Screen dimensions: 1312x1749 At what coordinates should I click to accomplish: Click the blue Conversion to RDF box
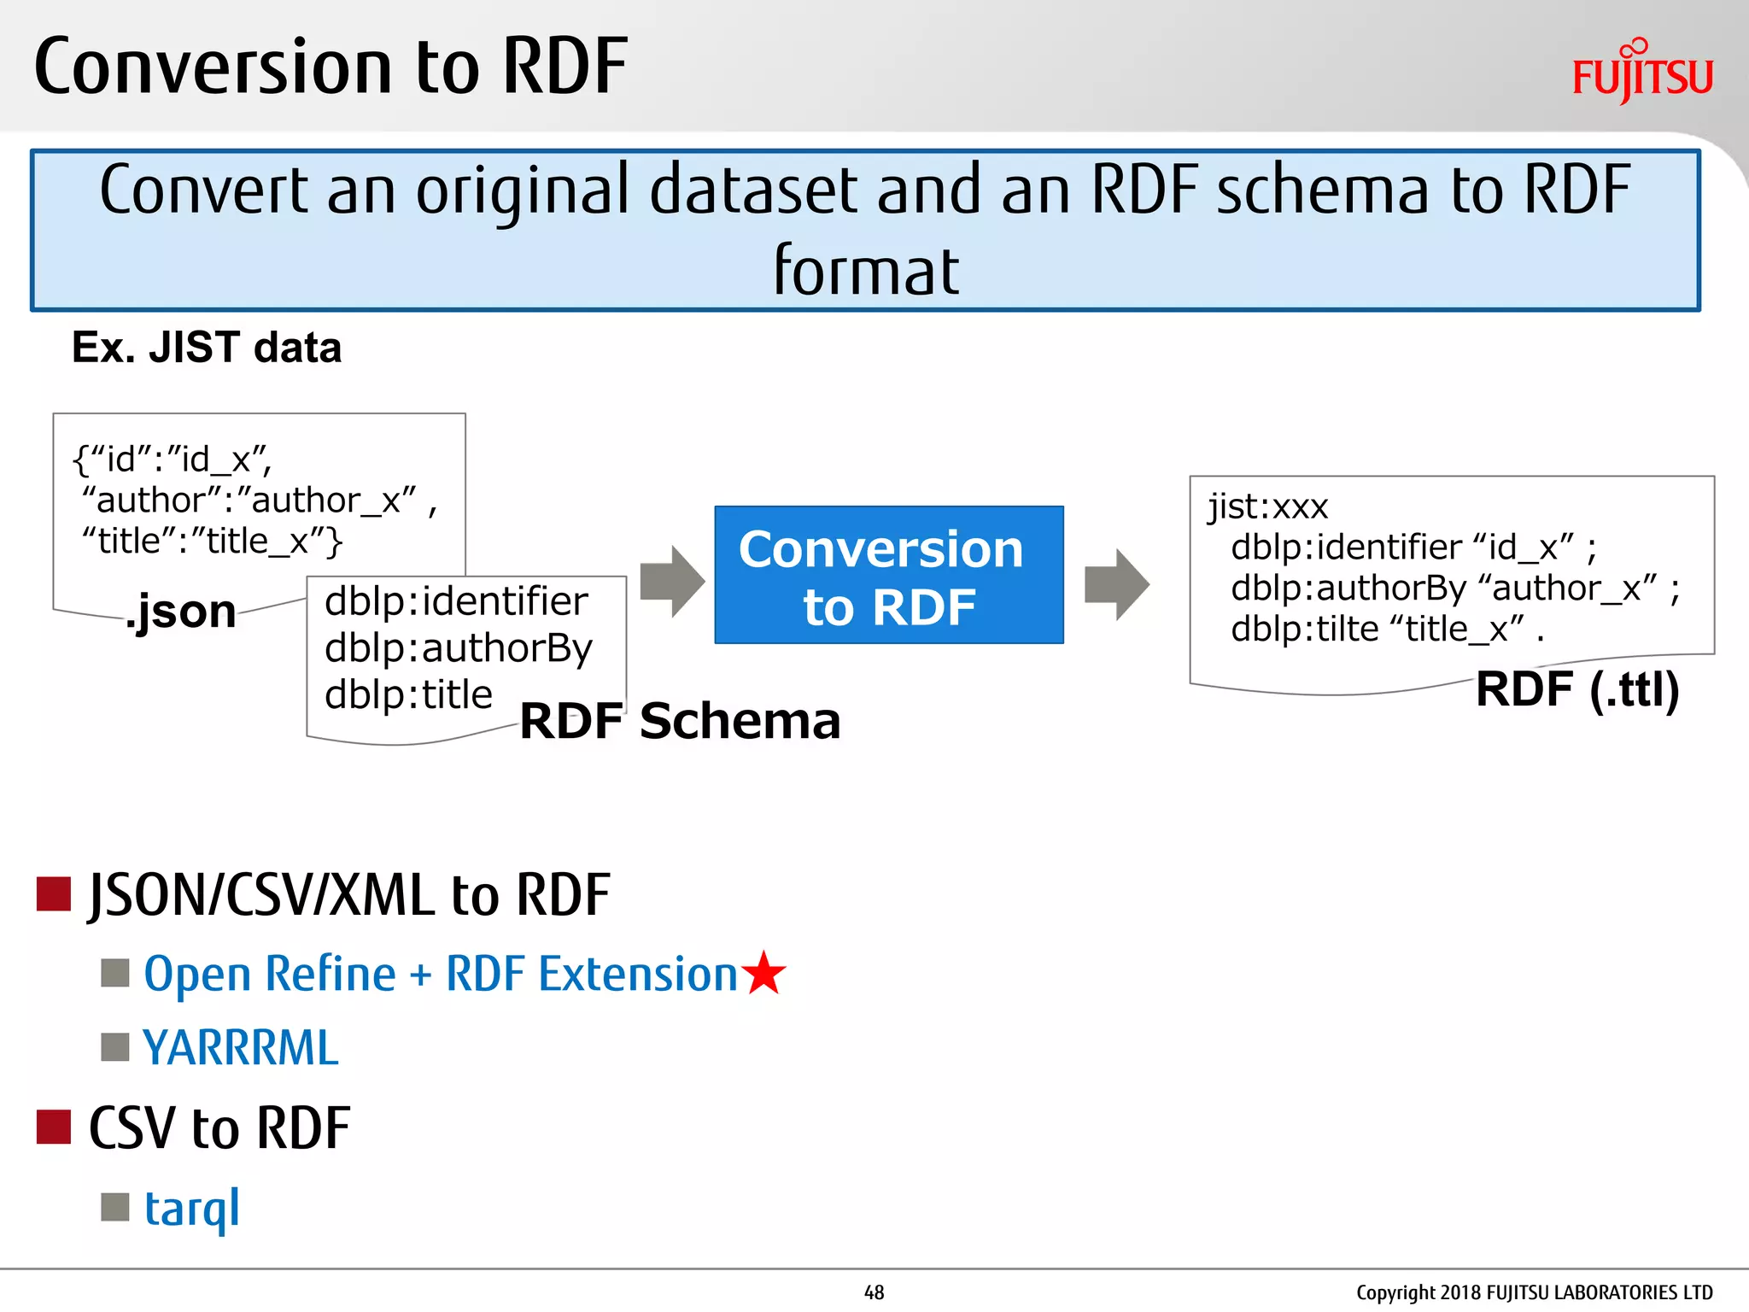[x=888, y=575]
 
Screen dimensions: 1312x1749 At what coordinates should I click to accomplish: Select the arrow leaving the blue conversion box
[x=1116, y=584]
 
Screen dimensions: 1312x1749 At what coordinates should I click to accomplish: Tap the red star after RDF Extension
[x=763, y=974]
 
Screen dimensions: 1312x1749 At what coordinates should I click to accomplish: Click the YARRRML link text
[x=241, y=1048]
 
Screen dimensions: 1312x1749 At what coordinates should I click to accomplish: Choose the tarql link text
[x=192, y=1208]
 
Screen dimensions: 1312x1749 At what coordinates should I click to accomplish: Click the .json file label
[x=181, y=612]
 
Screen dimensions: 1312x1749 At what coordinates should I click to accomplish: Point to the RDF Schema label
[x=680, y=721]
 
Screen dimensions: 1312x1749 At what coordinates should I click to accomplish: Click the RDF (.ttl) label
[x=1577, y=689]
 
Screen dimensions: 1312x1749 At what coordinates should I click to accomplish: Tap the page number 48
[x=874, y=1292]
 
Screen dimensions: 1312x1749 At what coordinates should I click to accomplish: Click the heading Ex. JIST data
[x=207, y=348]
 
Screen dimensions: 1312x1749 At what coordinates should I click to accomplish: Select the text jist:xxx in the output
[x=1267, y=507]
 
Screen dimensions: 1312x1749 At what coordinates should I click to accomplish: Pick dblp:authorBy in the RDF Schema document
[x=458, y=648]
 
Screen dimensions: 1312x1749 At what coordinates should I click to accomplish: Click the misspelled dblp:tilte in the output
[x=1304, y=630]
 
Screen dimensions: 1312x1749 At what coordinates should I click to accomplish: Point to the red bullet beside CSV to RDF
[x=53, y=1127]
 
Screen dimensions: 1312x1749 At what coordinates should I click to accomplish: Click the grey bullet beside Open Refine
[x=114, y=973]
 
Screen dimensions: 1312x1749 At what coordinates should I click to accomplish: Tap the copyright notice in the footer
[x=1534, y=1292]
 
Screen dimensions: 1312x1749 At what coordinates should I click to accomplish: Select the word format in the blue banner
[x=866, y=272]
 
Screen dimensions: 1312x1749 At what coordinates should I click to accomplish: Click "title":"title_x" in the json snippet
[x=212, y=542]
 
